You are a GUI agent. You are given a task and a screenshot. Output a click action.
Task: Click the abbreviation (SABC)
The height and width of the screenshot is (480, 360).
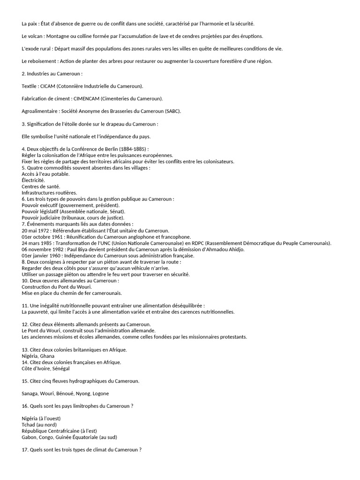pos(172,111)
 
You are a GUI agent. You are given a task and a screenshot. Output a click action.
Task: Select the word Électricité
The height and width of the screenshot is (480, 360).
pos(33,180)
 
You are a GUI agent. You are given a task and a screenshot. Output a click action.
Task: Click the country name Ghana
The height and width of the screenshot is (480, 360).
pos(47,356)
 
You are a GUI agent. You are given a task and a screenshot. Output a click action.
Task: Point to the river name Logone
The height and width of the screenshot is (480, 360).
pos(100,393)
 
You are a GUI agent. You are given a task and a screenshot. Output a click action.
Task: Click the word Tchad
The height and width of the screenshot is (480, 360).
pos(30,425)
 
